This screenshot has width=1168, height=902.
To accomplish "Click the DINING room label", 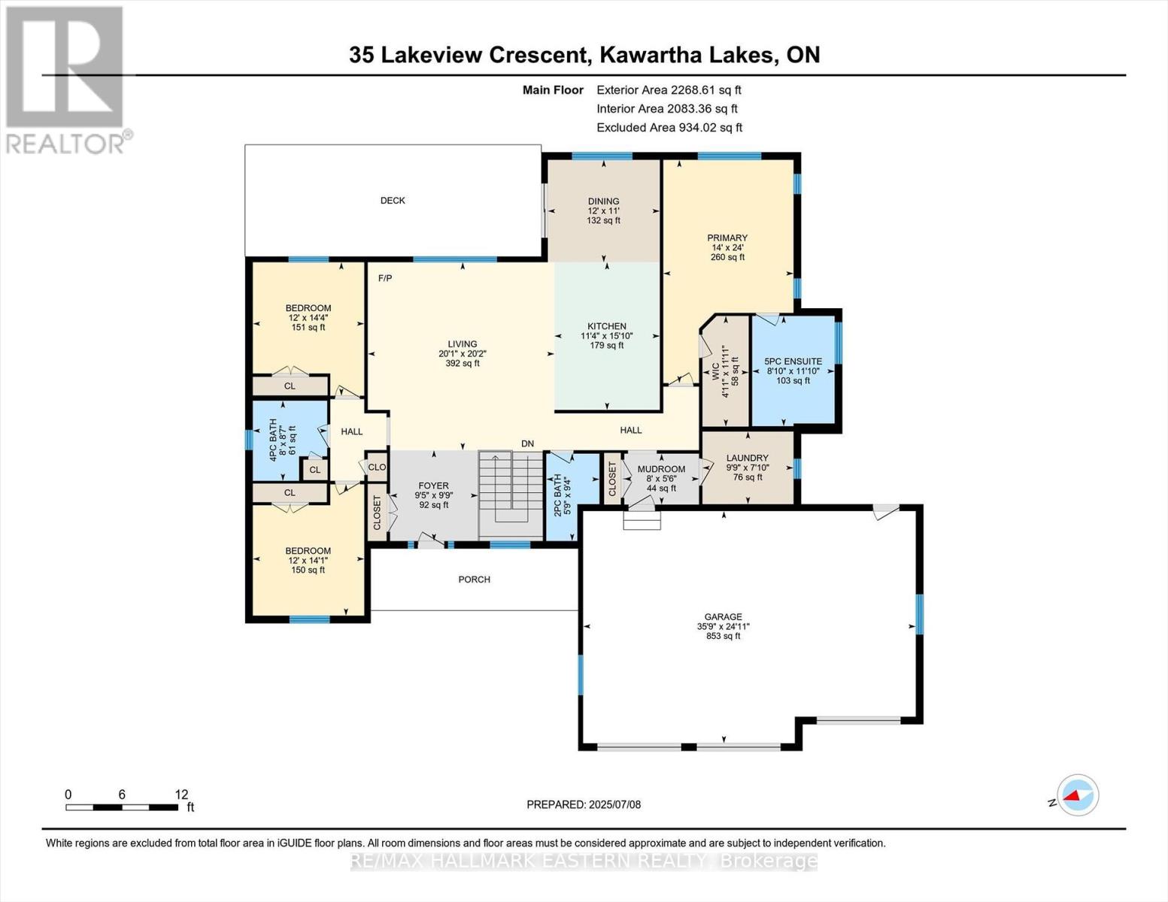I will coord(603,201).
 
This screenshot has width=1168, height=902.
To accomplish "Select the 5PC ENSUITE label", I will coord(793,362).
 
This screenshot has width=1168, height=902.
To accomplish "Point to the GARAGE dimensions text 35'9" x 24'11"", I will coord(723,626).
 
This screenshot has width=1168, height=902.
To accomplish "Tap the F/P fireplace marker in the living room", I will coord(385,278).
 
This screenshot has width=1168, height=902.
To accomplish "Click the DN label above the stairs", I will coord(527,444).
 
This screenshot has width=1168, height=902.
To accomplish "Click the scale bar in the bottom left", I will coord(122,807).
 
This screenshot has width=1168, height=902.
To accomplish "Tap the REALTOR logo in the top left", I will coord(65,79).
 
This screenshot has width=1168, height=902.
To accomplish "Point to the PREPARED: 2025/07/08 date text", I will coord(584,804).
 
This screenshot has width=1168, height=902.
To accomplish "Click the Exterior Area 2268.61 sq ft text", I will coord(669,90).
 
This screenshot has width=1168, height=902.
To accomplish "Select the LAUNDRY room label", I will coord(747,458).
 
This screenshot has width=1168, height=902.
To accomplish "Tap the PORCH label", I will coord(474,580).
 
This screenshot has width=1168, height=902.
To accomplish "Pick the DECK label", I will coord(393,201).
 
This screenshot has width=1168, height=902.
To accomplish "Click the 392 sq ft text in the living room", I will coord(462,364).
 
